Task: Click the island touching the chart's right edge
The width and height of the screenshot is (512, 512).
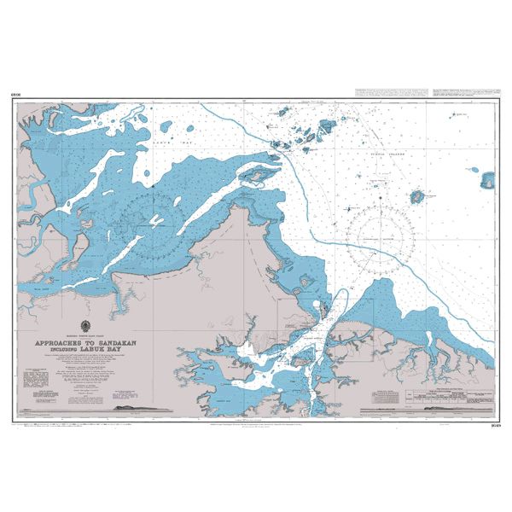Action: [488, 180]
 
